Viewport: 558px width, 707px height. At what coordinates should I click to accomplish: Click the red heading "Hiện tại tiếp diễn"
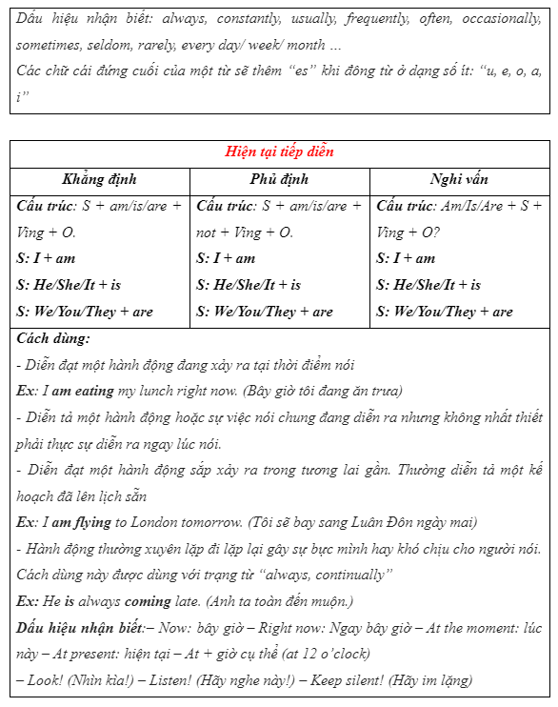click(279, 152)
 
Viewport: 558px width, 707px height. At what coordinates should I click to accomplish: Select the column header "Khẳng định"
click(99, 179)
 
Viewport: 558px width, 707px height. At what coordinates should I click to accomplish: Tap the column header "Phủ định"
click(279, 179)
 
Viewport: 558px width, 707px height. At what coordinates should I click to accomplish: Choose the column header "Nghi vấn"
click(459, 179)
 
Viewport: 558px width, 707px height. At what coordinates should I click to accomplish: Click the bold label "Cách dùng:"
click(53, 338)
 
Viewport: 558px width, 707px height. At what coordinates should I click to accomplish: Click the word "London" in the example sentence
click(157, 522)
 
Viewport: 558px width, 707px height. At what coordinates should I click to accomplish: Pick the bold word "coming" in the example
click(148, 601)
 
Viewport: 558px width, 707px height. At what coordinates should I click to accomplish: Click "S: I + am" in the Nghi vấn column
click(406, 258)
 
